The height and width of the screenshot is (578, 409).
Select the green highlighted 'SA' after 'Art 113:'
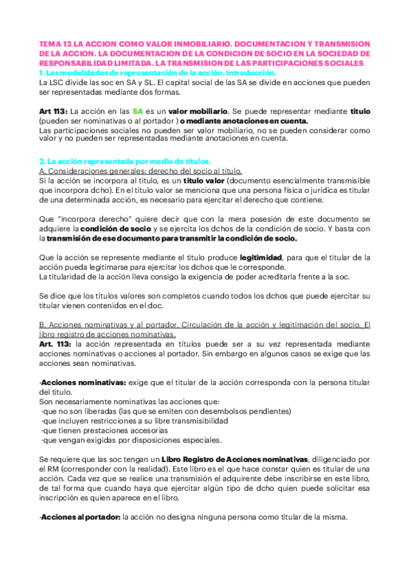(137, 110)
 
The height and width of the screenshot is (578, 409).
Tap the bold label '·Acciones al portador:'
(80, 517)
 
